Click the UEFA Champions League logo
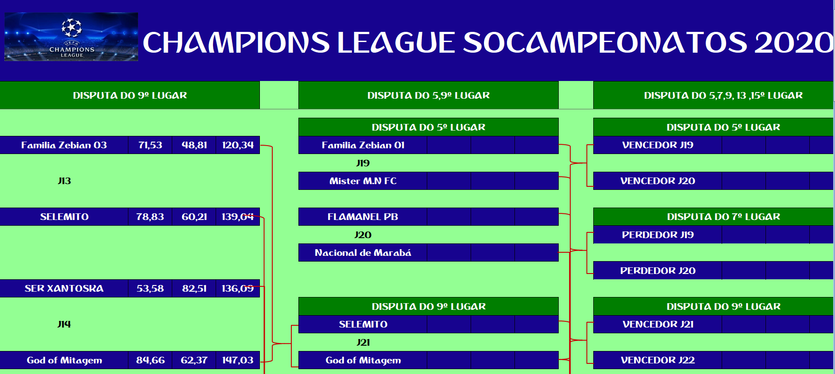click(71, 37)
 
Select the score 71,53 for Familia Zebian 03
click(150, 145)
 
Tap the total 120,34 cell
click(238, 145)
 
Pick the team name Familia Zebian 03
click(64, 145)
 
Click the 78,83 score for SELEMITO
click(150, 217)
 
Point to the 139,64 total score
click(238, 217)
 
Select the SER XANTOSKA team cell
click(64, 289)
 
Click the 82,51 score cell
click(194, 289)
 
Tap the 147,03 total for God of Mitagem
click(238, 360)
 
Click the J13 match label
click(64, 181)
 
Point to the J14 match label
click(64, 324)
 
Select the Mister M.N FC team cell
click(363, 181)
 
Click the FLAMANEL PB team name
click(363, 217)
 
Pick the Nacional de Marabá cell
click(363, 253)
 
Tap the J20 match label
click(363, 235)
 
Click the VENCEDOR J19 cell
click(658, 145)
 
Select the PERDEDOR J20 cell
click(658, 271)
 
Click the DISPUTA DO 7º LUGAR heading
click(723, 217)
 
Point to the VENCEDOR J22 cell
click(658, 360)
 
